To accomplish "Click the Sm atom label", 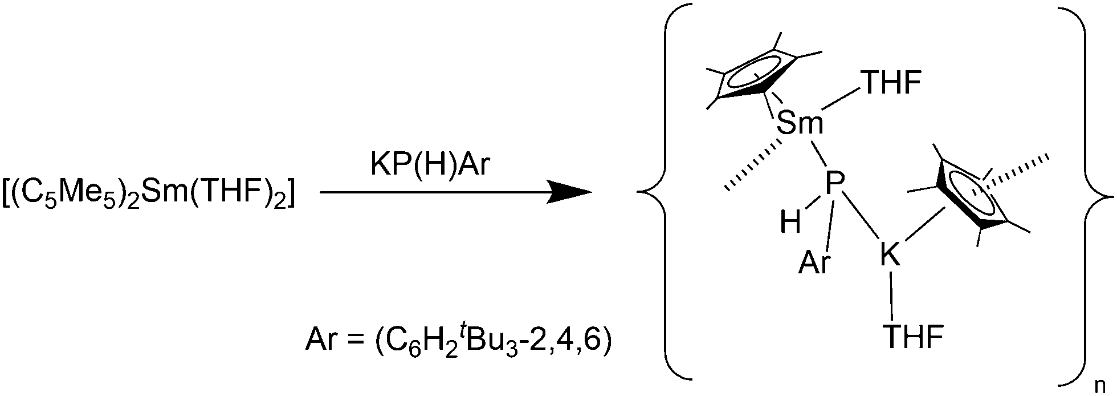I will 800,124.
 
